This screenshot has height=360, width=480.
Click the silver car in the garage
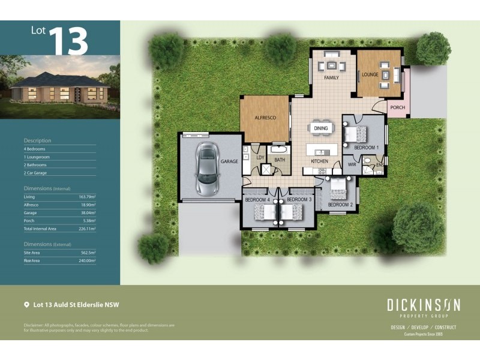(x=206, y=169)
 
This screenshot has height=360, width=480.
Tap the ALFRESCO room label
(x=265, y=118)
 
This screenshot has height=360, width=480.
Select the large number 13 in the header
(x=68, y=41)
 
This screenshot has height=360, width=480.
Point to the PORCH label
(x=397, y=108)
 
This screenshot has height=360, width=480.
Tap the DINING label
(x=320, y=128)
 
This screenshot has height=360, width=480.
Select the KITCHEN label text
(x=319, y=162)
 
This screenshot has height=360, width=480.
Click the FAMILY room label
(x=331, y=78)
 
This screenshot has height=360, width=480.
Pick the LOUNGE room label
(x=369, y=75)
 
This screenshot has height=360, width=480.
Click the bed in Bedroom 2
(x=337, y=190)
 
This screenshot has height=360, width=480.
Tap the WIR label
(x=352, y=163)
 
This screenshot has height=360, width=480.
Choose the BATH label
(x=280, y=160)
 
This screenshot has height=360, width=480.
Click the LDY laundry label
(x=260, y=158)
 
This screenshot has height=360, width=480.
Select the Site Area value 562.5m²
(x=88, y=253)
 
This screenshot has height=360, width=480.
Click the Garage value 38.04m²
(x=88, y=213)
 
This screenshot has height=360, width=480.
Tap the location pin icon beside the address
(x=26, y=305)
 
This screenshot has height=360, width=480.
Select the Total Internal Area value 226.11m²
(x=87, y=229)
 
